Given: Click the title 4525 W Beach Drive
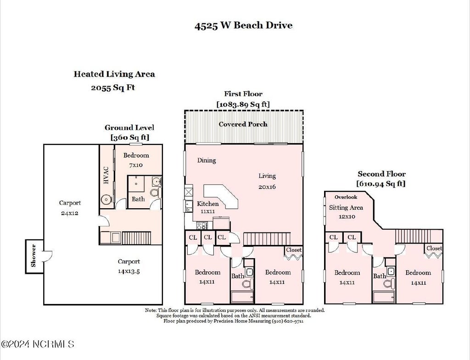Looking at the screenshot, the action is click(243, 25).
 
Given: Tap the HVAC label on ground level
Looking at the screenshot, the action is click(106, 176).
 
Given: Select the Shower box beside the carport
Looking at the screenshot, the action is click(34, 256).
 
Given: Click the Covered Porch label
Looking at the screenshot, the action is click(243, 124).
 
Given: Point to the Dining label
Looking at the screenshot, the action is click(207, 160).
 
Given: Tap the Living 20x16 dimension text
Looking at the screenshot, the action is click(267, 187).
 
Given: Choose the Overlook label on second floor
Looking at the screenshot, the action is click(346, 197).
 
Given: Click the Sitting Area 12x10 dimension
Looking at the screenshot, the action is click(347, 216).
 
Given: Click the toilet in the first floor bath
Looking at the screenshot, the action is click(248, 283).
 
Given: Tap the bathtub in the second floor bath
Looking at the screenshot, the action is click(384, 297).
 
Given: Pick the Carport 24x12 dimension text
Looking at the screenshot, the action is click(70, 213).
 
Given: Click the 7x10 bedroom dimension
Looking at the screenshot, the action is click(136, 165).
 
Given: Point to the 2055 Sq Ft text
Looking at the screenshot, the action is click(113, 88).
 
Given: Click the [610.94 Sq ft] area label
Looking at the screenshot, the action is click(381, 183).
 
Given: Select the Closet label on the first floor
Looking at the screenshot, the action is click(294, 250).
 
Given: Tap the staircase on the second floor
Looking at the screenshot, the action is click(419, 236).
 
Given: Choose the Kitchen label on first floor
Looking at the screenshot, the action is click(208, 204).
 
